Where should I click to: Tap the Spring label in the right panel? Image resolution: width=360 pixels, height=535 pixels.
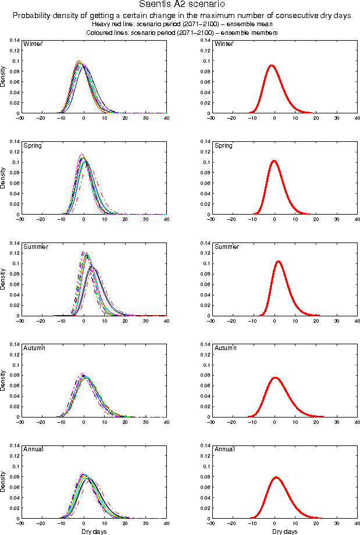[x=223, y=145]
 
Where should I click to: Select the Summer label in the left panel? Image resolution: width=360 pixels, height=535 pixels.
[x=34, y=247]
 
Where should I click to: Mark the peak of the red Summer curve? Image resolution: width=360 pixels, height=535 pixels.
[x=279, y=261]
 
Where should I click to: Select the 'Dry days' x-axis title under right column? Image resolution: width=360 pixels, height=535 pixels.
[x=284, y=532]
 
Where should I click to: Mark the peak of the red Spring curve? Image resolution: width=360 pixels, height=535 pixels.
[x=274, y=160]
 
